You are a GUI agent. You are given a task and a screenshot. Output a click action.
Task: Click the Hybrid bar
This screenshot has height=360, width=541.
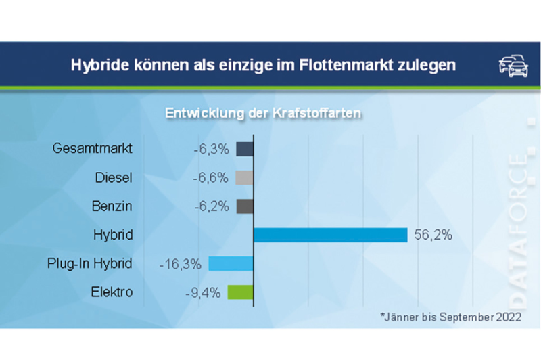point(330,235)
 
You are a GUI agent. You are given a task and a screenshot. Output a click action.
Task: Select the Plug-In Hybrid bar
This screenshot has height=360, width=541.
point(231,264)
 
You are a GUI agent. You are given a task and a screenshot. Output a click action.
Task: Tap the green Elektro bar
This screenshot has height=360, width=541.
point(241,292)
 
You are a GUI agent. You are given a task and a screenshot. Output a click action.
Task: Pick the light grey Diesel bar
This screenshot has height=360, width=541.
point(245,178)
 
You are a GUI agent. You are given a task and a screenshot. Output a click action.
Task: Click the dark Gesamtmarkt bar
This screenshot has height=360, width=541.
point(245,149)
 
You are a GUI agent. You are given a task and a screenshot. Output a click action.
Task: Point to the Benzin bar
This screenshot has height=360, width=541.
point(245,206)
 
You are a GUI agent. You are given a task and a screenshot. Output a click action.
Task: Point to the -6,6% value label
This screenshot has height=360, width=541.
point(211,178)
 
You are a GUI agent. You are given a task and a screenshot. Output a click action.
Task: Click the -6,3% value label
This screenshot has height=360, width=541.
point(211,149)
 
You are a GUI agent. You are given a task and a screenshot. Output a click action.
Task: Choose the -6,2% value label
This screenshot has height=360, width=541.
point(211,206)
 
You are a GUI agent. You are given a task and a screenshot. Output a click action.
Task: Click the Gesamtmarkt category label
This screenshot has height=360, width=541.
point(93,149)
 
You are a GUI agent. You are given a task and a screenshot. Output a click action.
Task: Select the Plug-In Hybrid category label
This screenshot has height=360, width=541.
point(90,264)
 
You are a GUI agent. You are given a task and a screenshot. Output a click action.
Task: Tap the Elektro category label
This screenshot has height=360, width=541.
point(111,292)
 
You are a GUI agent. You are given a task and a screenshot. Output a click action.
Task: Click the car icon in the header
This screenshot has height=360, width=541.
point(513,65)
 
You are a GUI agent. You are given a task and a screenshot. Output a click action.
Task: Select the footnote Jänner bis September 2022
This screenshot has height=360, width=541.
point(451,317)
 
